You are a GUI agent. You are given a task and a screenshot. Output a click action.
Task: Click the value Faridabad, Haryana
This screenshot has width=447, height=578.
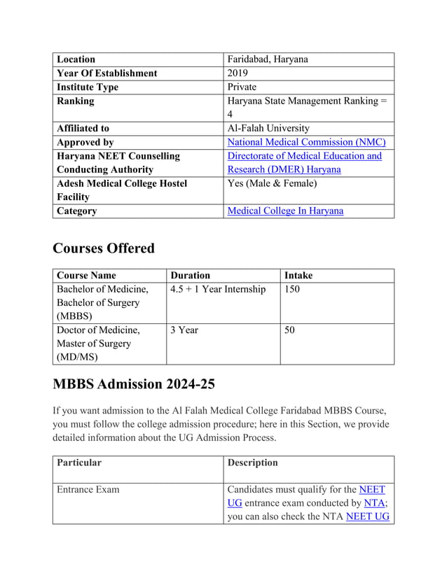tap(268, 59)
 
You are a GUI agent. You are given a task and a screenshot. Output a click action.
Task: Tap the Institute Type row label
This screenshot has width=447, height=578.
tap(88, 87)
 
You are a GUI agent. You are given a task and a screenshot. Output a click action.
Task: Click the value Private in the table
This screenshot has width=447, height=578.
tap(242, 87)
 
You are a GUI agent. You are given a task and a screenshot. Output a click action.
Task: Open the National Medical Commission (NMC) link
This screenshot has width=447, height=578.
tap(307, 142)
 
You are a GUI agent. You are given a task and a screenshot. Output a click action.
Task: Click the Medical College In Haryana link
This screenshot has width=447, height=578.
tap(285, 211)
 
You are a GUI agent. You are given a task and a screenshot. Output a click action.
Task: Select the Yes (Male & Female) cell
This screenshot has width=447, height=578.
tap(272, 183)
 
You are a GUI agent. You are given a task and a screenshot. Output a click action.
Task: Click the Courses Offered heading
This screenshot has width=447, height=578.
tap(104, 248)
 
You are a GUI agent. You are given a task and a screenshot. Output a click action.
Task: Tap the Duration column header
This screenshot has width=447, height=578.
tap(190, 276)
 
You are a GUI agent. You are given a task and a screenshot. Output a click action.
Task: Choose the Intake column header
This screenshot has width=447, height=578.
tap(298, 276)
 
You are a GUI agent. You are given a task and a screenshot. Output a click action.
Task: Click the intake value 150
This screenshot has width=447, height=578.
tap(292, 289)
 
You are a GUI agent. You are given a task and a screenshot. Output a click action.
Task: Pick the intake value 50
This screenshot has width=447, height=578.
tap(289, 330)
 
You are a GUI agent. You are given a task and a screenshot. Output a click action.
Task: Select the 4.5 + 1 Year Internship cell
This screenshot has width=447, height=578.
tap(218, 289)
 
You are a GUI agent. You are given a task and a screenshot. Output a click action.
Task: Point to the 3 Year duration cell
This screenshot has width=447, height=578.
tap(184, 330)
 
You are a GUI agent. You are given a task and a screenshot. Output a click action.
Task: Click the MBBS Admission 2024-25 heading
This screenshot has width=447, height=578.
tap(134, 384)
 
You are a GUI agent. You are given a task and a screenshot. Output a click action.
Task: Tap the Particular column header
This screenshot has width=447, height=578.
tap(79, 463)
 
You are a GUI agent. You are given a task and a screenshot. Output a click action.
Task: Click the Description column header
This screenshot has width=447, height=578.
tap(253, 463)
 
